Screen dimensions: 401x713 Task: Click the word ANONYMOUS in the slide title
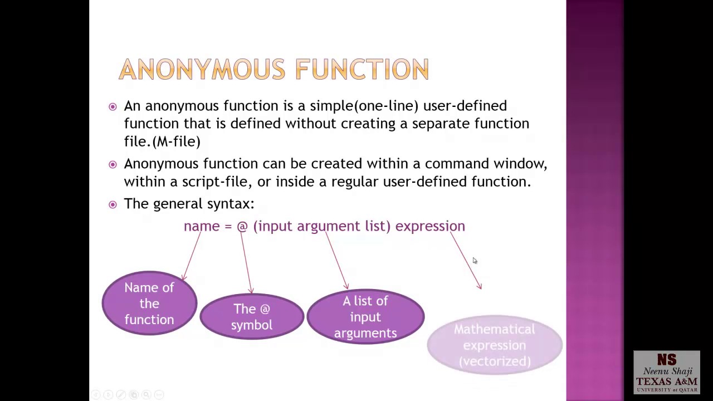(203, 70)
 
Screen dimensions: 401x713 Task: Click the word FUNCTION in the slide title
(362, 70)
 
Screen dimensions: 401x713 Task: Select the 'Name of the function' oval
(149, 304)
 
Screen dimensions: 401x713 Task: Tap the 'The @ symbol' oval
(252, 317)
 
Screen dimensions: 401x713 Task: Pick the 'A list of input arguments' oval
(365, 317)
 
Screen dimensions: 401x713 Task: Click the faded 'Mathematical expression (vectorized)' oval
(494, 345)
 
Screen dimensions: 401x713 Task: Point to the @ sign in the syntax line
(242, 226)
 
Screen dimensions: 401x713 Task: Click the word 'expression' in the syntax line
(430, 226)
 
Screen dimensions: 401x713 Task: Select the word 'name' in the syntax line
(202, 226)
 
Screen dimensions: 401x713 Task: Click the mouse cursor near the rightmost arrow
(475, 261)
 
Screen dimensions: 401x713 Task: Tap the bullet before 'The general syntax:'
(113, 204)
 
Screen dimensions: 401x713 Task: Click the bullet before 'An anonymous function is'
(113, 106)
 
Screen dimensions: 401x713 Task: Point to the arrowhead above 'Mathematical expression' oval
(480, 286)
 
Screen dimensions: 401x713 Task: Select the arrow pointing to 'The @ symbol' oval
(246, 262)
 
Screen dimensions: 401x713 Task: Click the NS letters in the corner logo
(667, 360)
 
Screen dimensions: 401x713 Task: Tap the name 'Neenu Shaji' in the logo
(667, 371)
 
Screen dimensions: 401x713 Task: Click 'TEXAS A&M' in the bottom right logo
(667, 382)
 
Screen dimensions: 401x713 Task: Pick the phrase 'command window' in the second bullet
(485, 164)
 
